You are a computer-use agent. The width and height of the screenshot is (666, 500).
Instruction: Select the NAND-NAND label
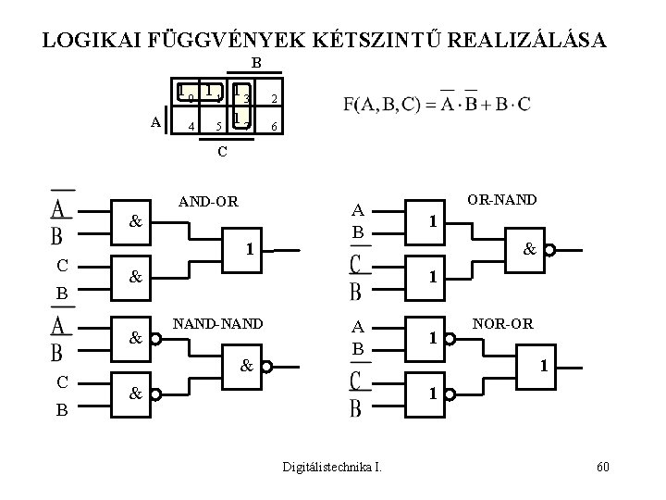218,323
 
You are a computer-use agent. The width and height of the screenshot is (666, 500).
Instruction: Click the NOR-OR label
502,323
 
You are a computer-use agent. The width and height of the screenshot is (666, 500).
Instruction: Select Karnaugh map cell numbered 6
274,126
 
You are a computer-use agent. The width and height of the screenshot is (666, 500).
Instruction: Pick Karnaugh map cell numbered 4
191,126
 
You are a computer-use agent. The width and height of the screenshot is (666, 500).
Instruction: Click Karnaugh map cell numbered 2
274,99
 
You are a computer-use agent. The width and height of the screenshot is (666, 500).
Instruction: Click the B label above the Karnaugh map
255,63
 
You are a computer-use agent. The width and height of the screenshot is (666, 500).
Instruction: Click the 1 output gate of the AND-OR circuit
248,249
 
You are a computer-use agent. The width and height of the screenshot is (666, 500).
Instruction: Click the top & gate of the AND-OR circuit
136,222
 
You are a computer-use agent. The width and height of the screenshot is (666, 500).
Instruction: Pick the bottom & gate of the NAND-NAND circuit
136,394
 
